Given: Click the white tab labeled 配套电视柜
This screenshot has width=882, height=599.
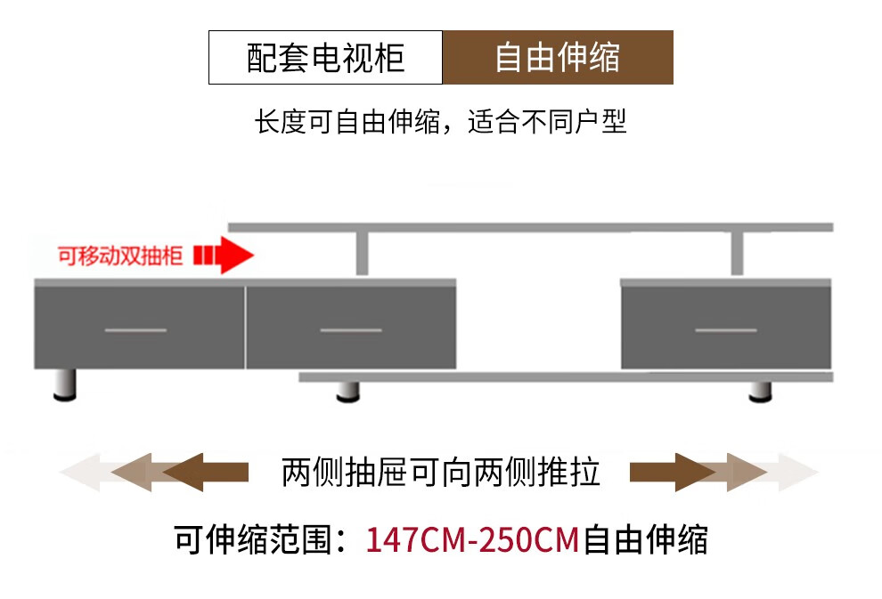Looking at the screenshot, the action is pos(325,58).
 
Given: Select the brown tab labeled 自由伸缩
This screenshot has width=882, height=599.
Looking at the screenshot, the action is pos(558,58).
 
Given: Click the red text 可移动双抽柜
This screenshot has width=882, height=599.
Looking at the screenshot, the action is pos(119,256).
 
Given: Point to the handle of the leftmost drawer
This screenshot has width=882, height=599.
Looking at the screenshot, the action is pos(135,330).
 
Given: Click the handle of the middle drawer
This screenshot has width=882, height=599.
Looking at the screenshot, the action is pos(350,330).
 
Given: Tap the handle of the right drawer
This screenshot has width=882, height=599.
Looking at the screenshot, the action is pos(725,330).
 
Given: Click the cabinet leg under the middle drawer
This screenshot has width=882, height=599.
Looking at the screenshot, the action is pos(347,392).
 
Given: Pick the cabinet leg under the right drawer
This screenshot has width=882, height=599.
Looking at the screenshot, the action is pos(760,392).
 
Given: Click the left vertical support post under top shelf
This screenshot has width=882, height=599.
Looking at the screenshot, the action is pos(363,254).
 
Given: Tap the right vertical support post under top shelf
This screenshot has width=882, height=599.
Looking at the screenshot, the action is pos(737,254).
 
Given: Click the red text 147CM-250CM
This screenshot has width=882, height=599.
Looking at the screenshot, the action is pos(472,540).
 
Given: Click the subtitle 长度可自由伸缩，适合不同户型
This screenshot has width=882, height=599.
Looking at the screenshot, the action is pos(441,122).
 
